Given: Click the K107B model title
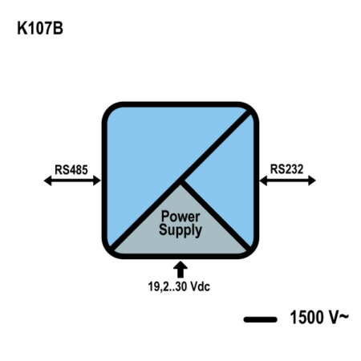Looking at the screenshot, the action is click(x=40, y=28).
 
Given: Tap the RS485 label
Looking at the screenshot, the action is click(x=71, y=169).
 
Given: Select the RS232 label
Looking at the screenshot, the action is click(x=286, y=169).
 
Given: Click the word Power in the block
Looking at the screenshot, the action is click(x=180, y=217).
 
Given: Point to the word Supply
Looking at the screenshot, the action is click(x=180, y=230).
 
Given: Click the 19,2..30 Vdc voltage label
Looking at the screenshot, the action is click(x=179, y=286).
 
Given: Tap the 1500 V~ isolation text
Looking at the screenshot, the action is click(x=319, y=317).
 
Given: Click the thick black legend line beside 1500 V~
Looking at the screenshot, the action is click(x=260, y=319).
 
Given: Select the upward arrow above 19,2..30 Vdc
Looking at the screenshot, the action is click(x=180, y=270).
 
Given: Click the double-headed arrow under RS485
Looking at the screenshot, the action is click(x=72, y=180).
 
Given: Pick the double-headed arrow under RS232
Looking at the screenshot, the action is click(x=288, y=180).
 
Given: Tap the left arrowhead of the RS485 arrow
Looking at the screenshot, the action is click(x=47, y=180).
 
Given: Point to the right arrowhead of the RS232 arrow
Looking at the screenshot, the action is click(x=312, y=180).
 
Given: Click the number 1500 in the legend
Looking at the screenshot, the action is click(x=306, y=317).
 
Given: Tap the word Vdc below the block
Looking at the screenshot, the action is click(x=200, y=286).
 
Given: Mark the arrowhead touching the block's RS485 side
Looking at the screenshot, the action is click(x=97, y=180).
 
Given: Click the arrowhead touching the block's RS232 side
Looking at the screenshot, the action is click(x=263, y=180).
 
